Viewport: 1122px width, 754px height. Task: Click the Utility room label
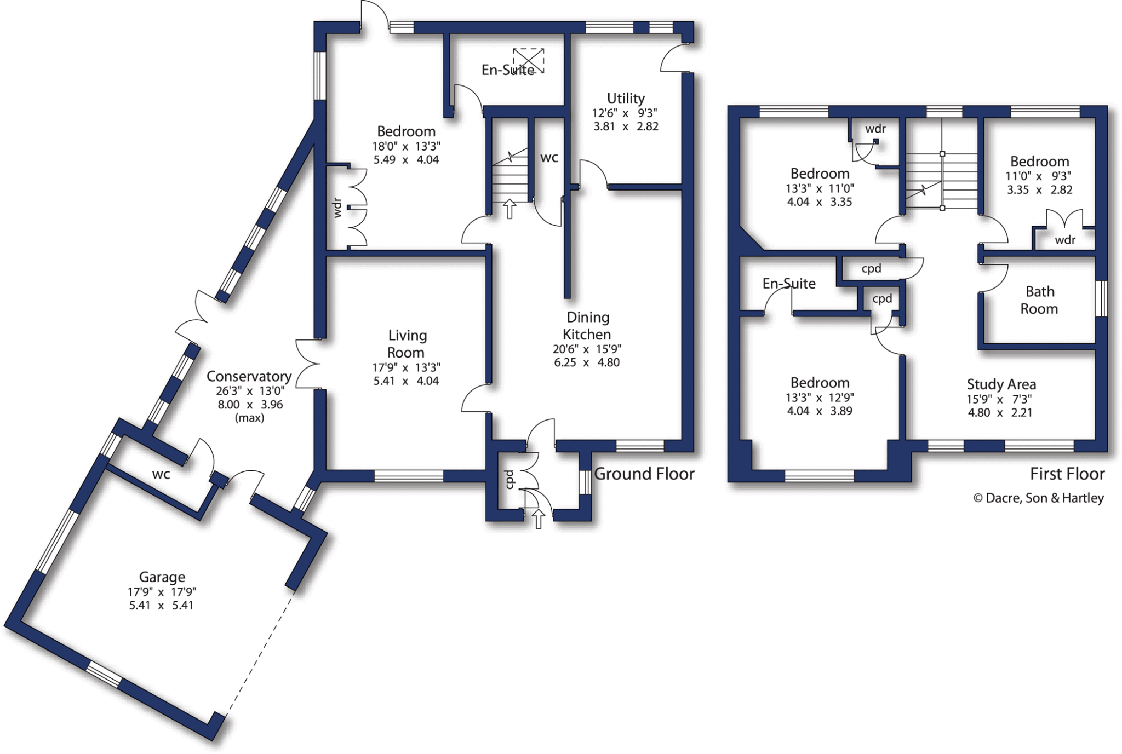pos(626,99)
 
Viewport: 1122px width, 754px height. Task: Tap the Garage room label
pos(162,577)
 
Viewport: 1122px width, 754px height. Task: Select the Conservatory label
pos(249,376)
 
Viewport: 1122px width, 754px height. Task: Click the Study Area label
pos(1001,384)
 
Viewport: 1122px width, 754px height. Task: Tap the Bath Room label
pos(1039,300)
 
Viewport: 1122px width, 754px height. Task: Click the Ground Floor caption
pos(644,474)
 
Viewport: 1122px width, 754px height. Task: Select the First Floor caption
pos(1067,474)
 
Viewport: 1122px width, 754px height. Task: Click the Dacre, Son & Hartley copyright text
pos(1038,498)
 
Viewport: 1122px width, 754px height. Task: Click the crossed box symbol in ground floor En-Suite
pos(529,60)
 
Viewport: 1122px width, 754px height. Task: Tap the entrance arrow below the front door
pos(539,518)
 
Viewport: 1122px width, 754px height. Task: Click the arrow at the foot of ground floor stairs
pos(510,209)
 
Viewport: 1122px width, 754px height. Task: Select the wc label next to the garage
pos(161,474)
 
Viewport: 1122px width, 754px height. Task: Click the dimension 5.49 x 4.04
pos(406,160)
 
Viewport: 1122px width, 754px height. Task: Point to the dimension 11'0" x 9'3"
pos(1039,176)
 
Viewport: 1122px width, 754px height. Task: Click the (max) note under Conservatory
pos(249,418)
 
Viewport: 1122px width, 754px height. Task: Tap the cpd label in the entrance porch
pos(510,480)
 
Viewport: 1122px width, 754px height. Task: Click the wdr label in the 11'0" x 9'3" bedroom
pos(1065,240)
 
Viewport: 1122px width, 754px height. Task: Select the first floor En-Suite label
pos(789,283)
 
